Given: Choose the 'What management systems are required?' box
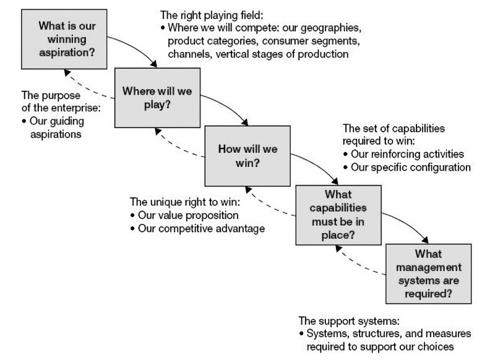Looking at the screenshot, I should (427, 272).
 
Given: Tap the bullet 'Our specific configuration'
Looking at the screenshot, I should (411, 168).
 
